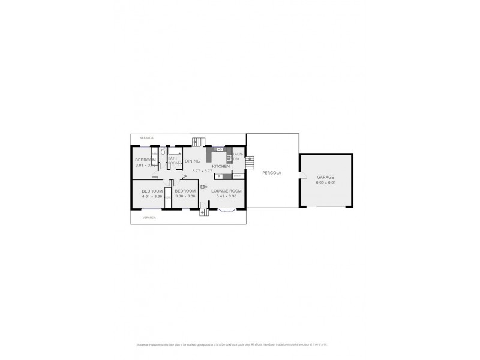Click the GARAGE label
coord(325,178)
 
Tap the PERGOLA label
coord(272,173)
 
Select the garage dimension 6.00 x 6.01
coord(325,183)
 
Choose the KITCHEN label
coord(220,166)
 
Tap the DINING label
coord(192,161)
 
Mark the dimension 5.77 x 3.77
coord(202,171)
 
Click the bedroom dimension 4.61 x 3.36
coord(152,196)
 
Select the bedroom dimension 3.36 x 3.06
coord(185,196)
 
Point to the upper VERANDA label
coord(147,137)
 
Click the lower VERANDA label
coord(149,217)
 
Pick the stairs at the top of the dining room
coord(198,142)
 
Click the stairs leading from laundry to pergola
coord(250,162)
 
